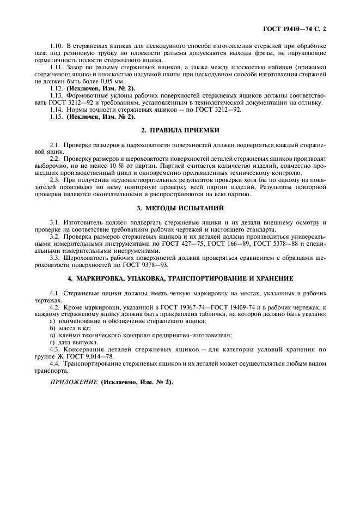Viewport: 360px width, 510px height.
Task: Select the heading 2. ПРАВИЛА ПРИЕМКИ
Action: click(x=180, y=130)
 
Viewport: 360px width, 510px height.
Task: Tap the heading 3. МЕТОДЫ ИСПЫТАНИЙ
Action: click(x=180, y=208)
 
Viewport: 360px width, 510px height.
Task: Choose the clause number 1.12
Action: click(x=56, y=87)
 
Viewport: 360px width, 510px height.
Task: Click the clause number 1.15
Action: click(x=56, y=117)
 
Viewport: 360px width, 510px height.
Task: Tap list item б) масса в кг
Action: click(x=73, y=329)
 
